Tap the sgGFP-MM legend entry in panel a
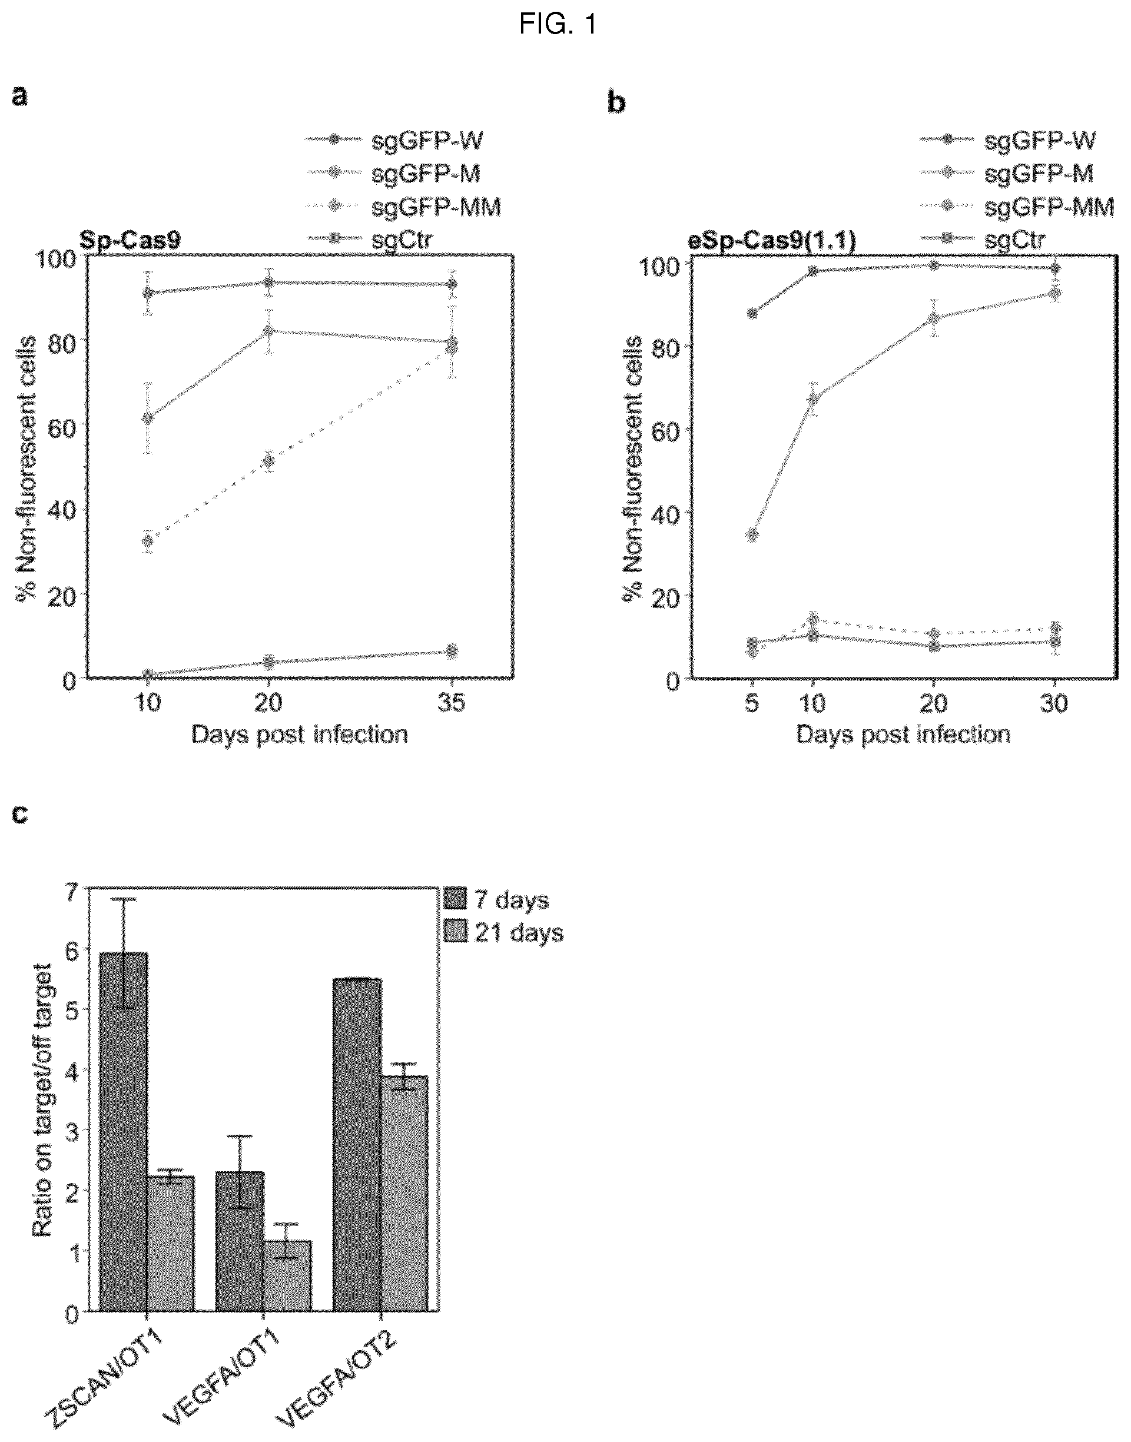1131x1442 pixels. [436, 208]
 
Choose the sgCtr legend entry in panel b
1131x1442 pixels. [1013, 240]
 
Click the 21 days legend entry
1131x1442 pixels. [519, 933]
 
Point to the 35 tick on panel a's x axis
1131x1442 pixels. [452, 703]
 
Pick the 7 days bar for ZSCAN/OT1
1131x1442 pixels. [124, 1132]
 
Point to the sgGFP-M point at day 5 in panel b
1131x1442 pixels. [752, 534]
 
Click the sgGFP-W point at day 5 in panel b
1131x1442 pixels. [752, 313]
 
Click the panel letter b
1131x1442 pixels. [616, 103]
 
